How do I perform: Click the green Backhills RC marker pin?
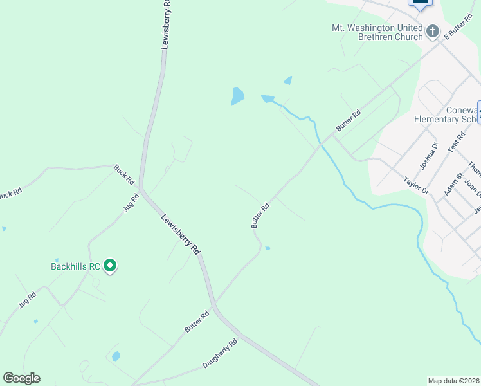[x=110, y=264]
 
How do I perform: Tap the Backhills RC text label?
[x=76, y=266]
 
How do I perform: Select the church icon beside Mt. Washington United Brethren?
[x=433, y=31]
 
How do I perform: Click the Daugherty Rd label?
[x=220, y=354]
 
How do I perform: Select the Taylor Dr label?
[x=416, y=186]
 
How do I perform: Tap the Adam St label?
[x=453, y=184]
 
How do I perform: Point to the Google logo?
[x=21, y=378]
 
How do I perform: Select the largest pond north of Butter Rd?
[x=237, y=96]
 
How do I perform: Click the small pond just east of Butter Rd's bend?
[x=268, y=248]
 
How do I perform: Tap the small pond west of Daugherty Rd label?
[x=116, y=356]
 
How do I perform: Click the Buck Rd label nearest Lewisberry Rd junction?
[x=123, y=174]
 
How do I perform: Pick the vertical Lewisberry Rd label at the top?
[x=167, y=24]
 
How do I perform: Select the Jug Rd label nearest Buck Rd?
[x=131, y=204]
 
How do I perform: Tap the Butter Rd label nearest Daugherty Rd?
[x=197, y=321]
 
